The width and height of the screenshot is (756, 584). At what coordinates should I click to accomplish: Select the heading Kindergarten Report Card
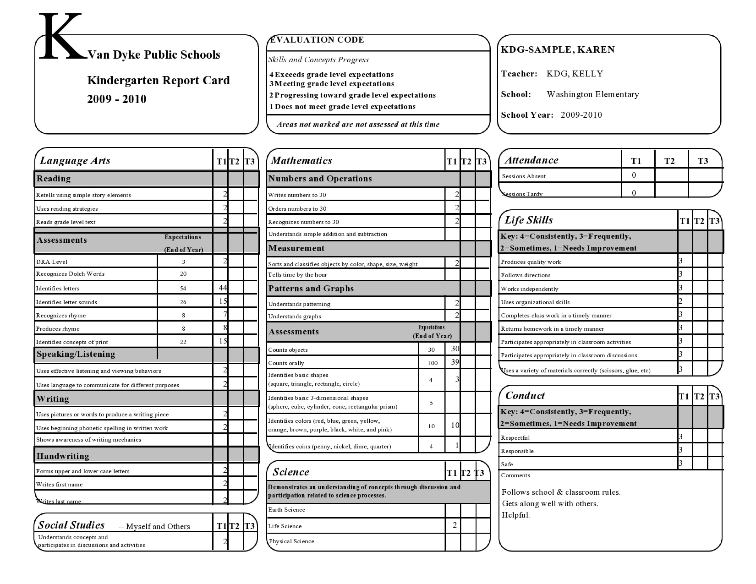[x=158, y=81]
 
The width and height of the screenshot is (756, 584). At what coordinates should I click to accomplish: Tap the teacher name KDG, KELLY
[x=575, y=74]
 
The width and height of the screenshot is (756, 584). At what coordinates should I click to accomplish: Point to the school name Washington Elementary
[x=592, y=94]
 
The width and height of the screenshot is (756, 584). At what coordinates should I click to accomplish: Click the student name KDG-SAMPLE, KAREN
[x=558, y=50]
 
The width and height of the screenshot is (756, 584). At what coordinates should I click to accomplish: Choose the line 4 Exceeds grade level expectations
[x=331, y=75]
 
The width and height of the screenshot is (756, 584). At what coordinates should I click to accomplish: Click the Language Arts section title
[x=75, y=161]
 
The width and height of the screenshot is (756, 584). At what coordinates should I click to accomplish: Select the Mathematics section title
[x=301, y=161]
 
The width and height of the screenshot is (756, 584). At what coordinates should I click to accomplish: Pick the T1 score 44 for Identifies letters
[x=223, y=288]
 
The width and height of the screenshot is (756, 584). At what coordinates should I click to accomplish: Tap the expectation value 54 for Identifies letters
[x=183, y=289]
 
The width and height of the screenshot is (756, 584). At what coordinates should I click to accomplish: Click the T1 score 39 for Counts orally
[x=455, y=362]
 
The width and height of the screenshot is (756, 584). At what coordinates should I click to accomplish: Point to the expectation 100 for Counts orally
[x=432, y=363]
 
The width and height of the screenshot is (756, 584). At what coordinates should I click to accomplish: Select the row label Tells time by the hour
[x=297, y=275]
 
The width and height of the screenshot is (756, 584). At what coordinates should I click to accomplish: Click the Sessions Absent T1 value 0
[x=634, y=175]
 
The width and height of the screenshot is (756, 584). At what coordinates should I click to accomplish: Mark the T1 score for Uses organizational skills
[x=681, y=301]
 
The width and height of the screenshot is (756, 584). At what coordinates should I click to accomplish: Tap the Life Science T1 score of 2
[x=454, y=525]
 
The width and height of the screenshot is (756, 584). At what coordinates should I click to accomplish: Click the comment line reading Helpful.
[x=515, y=515]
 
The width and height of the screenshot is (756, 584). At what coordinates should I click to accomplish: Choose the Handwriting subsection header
[x=63, y=456]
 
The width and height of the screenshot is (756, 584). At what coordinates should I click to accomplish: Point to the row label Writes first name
[x=59, y=485]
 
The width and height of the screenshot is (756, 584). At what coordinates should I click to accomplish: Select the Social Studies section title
[x=71, y=525]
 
